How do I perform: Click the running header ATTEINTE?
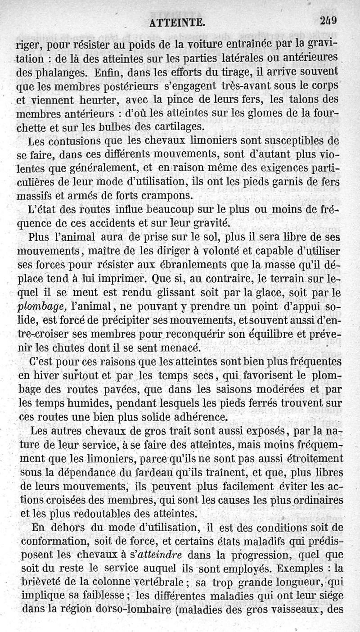[178, 22]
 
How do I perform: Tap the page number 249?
[329, 21]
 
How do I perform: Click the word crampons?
[165, 196]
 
